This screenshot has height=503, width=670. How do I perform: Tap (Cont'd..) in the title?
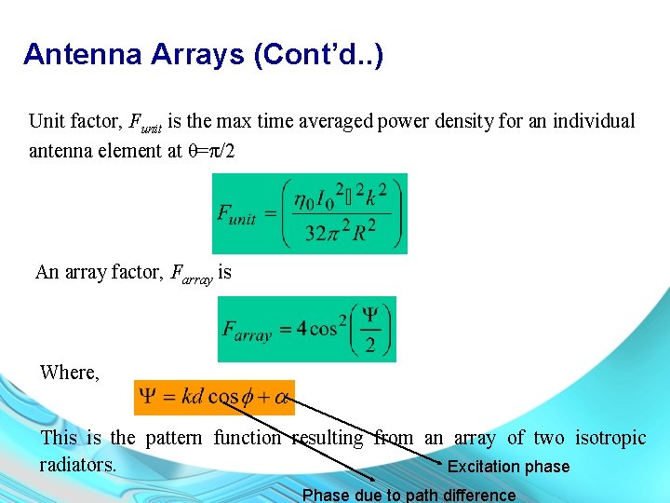[318, 54]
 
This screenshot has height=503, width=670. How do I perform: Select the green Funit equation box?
[309, 213]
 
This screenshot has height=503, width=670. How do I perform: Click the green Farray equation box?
[306, 329]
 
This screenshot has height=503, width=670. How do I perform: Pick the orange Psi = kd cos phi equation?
[214, 396]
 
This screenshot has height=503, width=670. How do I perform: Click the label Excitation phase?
[508, 467]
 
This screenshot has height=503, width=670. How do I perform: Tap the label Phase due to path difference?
[409, 495]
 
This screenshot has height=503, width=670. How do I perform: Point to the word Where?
[69, 373]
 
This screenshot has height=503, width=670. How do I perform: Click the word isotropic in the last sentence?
[610, 438]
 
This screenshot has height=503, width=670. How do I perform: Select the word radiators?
[78, 463]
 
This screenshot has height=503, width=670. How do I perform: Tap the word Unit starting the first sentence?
[47, 121]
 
